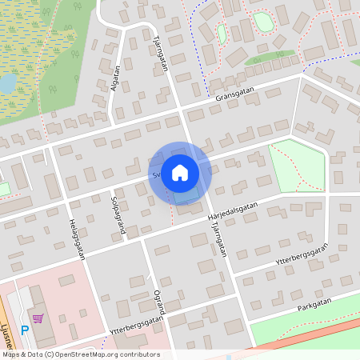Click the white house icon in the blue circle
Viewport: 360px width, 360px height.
[180, 172]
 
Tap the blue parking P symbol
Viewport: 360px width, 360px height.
[25, 328]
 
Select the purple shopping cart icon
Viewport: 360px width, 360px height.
[37, 318]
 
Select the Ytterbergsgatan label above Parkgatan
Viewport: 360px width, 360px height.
[302, 255]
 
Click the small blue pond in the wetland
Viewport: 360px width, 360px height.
[7, 83]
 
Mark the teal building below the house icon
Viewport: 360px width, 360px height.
[187, 195]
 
